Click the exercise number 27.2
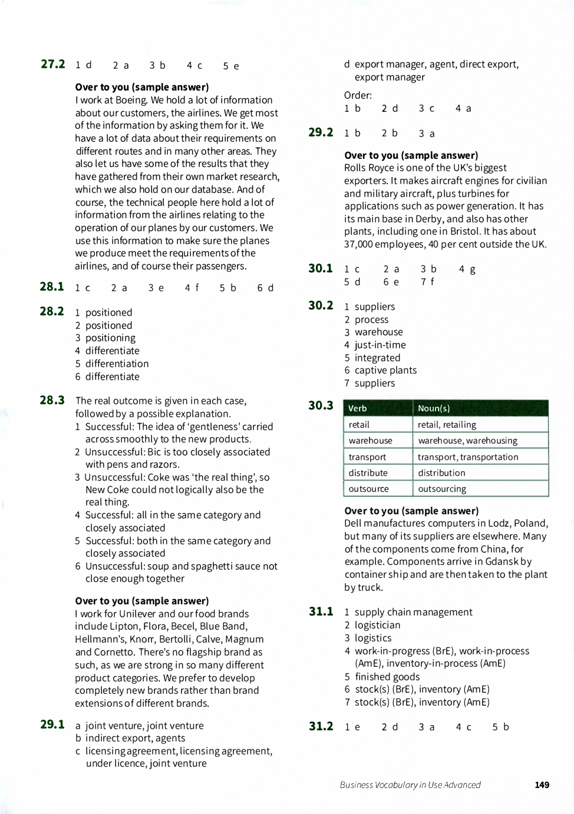point(52,64)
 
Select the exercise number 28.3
point(52,400)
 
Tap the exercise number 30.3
point(321,406)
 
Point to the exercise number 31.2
point(321,726)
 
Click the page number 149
point(542,785)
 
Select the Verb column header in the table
point(358,408)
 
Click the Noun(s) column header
point(434,408)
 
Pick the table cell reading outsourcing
point(442,489)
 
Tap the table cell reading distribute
point(368,473)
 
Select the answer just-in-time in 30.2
point(380,345)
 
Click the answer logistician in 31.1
point(377,625)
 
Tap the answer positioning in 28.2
point(110,338)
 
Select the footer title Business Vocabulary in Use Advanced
point(410,785)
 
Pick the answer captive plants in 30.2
point(385,370)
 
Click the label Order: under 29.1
point(358,95)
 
